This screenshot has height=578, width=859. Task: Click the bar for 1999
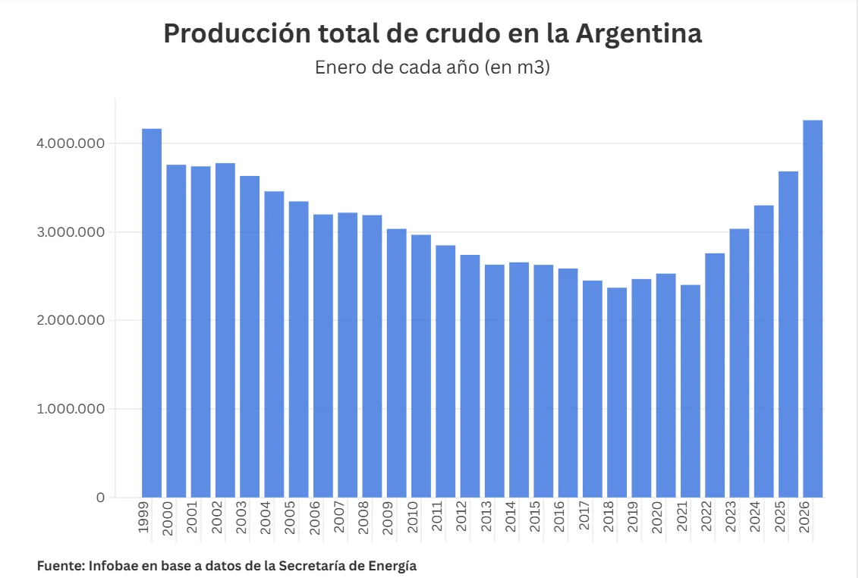[152, 313]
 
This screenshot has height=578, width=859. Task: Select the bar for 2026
[813, 309]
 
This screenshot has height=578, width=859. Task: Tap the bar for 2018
[617, 392]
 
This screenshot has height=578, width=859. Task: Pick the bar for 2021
[691, 391]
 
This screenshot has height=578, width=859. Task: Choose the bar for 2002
[225, 330]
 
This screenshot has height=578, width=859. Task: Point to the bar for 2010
[421, 366]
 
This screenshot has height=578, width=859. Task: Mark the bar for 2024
[763, 351]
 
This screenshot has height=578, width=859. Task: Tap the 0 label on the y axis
[100, 498]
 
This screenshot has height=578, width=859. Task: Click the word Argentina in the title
[639, 34]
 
